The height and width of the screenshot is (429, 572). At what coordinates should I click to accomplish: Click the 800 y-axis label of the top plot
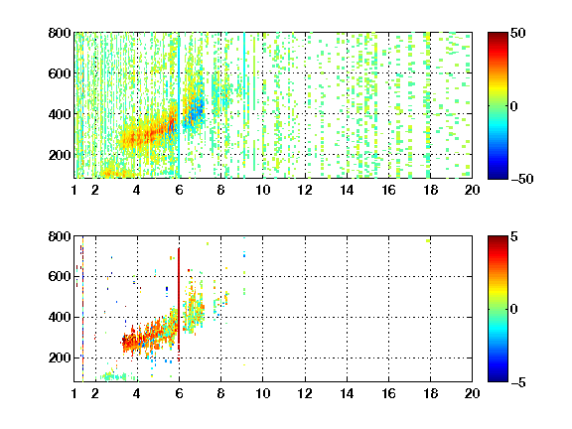point(60,33)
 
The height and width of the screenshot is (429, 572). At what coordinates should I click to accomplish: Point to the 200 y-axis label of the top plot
point(60,155)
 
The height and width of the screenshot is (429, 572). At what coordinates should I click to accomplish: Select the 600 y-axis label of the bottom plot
point(60,276)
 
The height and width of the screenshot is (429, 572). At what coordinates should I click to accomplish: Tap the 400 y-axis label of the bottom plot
point(60,317)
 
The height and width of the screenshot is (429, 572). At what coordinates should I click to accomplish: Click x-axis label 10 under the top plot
point(262,190)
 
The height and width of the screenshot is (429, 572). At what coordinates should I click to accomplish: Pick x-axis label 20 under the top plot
point(472,190)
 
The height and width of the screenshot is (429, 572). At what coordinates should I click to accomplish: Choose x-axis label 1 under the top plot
point(74,190)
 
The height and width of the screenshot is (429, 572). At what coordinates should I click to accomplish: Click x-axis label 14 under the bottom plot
point(347,393)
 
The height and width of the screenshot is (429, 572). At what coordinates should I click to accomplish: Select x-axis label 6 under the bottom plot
point(179,393)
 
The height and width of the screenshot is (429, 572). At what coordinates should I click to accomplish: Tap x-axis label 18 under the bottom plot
point(430,393)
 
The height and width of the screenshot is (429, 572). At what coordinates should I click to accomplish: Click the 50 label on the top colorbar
point(518,33)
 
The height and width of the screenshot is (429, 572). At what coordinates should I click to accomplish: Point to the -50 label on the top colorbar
point(521,179)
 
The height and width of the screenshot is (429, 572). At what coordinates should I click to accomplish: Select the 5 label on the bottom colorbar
point(514,236)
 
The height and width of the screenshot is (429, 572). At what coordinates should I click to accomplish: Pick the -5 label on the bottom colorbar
point(518,382)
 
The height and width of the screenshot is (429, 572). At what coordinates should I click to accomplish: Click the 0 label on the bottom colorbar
point(514,310)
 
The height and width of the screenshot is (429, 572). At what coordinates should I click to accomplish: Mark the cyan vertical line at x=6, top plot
point(179,106)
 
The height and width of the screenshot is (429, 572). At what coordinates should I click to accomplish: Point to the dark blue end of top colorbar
point(498,175)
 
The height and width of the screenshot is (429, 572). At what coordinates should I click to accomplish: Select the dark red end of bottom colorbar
point(498,240)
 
